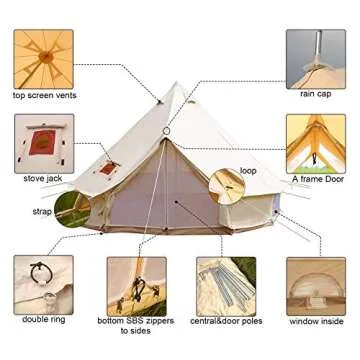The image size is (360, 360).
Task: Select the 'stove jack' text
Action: point(42,178)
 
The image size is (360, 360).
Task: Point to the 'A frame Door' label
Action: point(316,179)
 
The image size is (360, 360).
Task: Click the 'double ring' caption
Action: point(43,319)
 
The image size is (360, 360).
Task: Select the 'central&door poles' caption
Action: point(226,321)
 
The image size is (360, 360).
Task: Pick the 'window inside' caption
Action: point(316,321)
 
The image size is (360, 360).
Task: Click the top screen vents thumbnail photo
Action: point(45,58)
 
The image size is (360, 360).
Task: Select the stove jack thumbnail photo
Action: point(44,141)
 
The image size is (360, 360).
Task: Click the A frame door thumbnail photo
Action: point(316,141)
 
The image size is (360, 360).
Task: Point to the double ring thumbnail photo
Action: point(43,284)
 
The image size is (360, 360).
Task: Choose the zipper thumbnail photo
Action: point(136,284)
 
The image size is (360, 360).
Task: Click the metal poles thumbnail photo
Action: point(225,284)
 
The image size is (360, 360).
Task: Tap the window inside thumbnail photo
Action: point(316,284)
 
